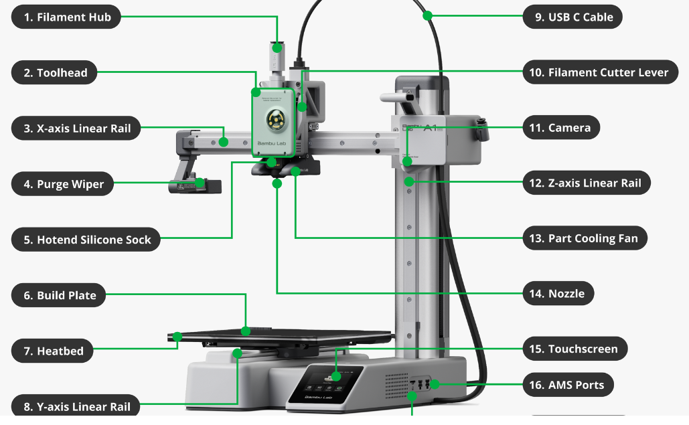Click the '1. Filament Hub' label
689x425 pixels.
pyautogui.click(x=66, y=17)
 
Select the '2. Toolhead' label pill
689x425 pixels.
pyautogui.click(x=54, y=72)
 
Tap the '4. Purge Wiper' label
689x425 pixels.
pyautogui.click(x=62, y=184)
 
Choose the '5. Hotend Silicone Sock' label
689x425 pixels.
pyautogui.click(x=86, y=240)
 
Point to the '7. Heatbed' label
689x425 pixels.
pyautogui.click(x=52, y=351)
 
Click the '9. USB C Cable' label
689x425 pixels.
pyautogui.click(x=572, y=17)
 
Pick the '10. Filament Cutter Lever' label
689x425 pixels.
pyautogui.click(x=600, y=72)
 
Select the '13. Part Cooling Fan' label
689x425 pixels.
pyautogui.click(x=585, y=238)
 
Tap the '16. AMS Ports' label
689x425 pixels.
pyautogui.click(x=568, y=385)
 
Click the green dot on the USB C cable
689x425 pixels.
pyautogui.click(x=428, y=16)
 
